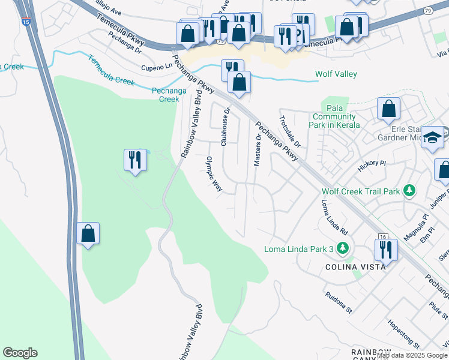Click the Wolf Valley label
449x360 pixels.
tap(336, 74)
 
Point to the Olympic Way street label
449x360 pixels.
tap(214, 175)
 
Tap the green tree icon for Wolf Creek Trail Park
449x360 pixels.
tap(409, 191)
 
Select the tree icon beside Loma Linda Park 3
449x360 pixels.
tap(342, 248)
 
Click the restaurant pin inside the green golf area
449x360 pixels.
tap(134, 160)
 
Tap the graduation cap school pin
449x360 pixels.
tap(432, 138)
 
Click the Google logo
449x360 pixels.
tap(20, 353)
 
